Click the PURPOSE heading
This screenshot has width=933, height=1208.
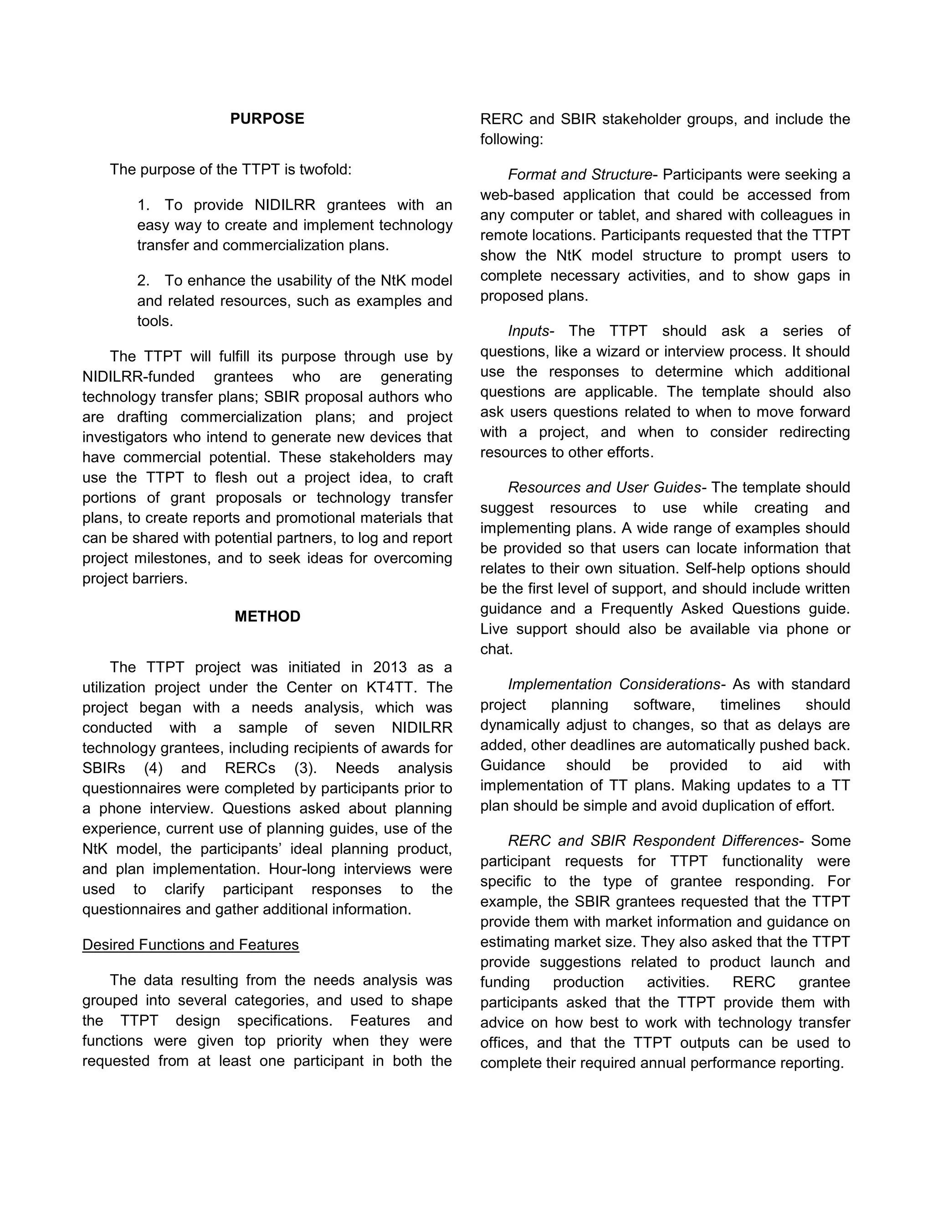coord(267,119)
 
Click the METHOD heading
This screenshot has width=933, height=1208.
coord(267,616)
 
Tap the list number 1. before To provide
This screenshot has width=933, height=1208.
coord(143,205)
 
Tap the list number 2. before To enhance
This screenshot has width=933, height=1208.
coord(143,280)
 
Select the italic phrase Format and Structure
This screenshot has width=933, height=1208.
coord(580,175)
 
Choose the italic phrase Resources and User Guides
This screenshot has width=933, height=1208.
coord(604,487)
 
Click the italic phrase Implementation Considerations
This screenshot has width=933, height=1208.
coord(614,684)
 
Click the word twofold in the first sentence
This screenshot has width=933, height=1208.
coord(325,169)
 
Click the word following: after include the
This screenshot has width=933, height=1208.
coord(511,139)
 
